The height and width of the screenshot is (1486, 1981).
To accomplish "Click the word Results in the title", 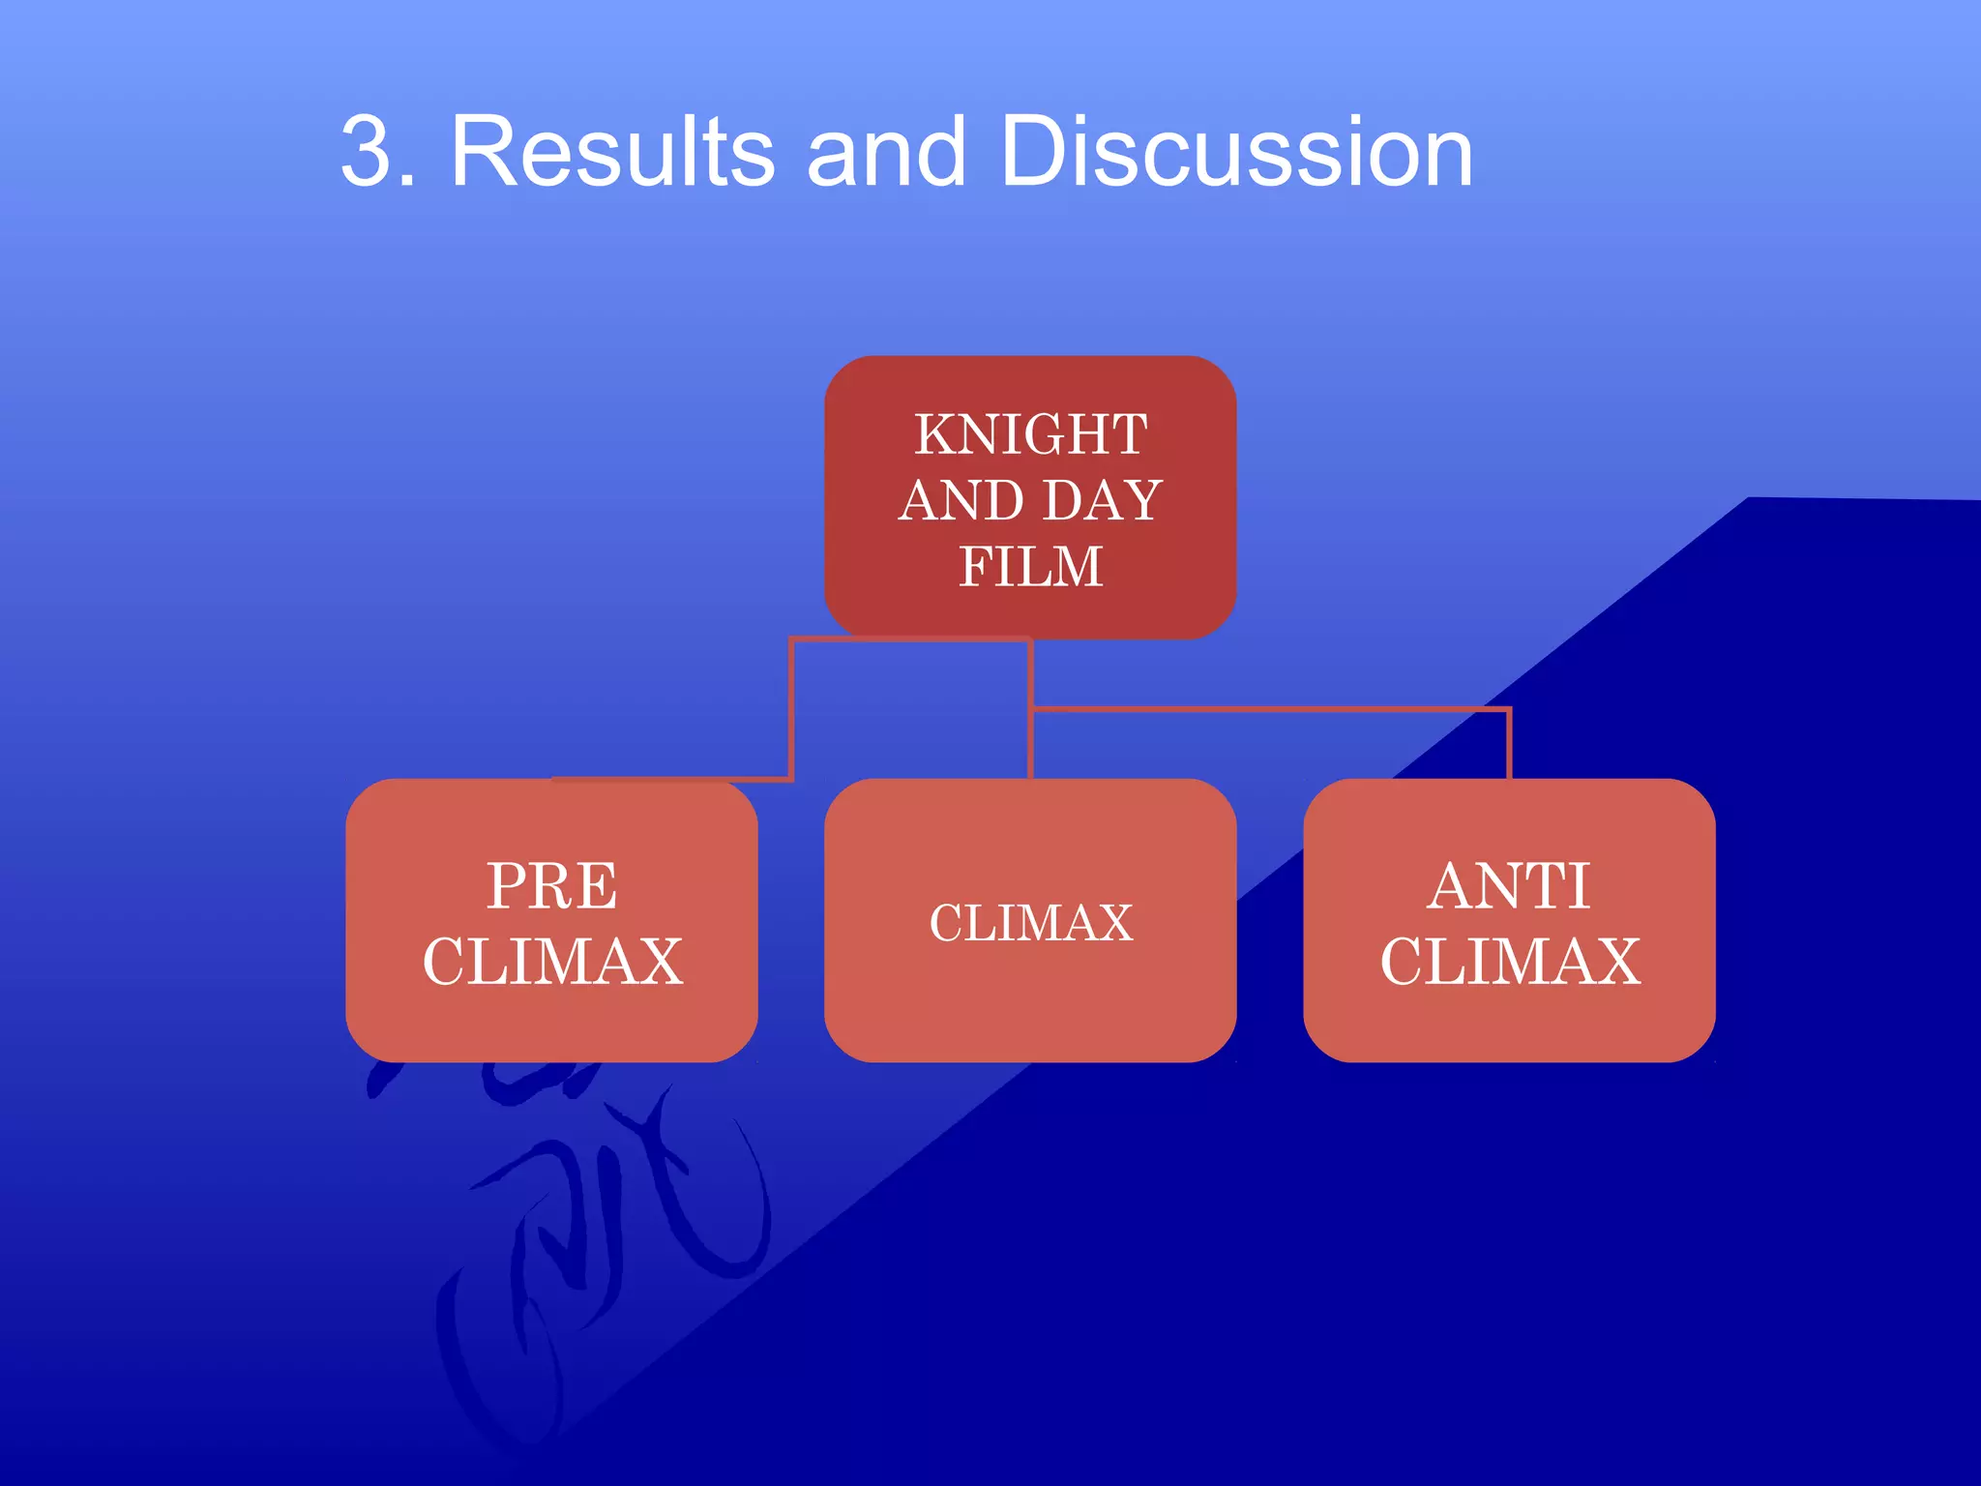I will [612, 152].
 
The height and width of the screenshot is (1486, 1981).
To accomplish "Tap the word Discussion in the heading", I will [1236, 152].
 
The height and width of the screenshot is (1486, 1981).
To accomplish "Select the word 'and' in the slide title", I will [886, 152].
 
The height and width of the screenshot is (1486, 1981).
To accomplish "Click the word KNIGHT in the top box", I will [1031, 434].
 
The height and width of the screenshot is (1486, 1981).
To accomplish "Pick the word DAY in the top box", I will [1102, 501].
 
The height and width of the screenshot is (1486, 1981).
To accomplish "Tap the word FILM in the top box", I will [1031, 567].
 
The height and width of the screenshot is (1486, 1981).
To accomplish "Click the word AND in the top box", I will [961, 501].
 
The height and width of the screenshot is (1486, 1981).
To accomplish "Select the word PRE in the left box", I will [551, 885].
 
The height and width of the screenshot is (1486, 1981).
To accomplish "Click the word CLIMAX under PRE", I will [552, 962].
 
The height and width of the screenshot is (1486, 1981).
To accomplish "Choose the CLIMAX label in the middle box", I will [1031, 923].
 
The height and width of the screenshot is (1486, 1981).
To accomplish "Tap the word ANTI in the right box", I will [1509, 885].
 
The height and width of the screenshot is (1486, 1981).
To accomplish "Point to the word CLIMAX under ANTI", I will [1510, 962].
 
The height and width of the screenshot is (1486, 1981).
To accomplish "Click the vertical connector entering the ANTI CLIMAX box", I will [1509, 745].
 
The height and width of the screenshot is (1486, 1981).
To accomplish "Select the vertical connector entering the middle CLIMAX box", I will [1031, 745].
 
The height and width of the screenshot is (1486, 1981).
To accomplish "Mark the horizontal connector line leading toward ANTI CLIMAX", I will [1267, 710].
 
